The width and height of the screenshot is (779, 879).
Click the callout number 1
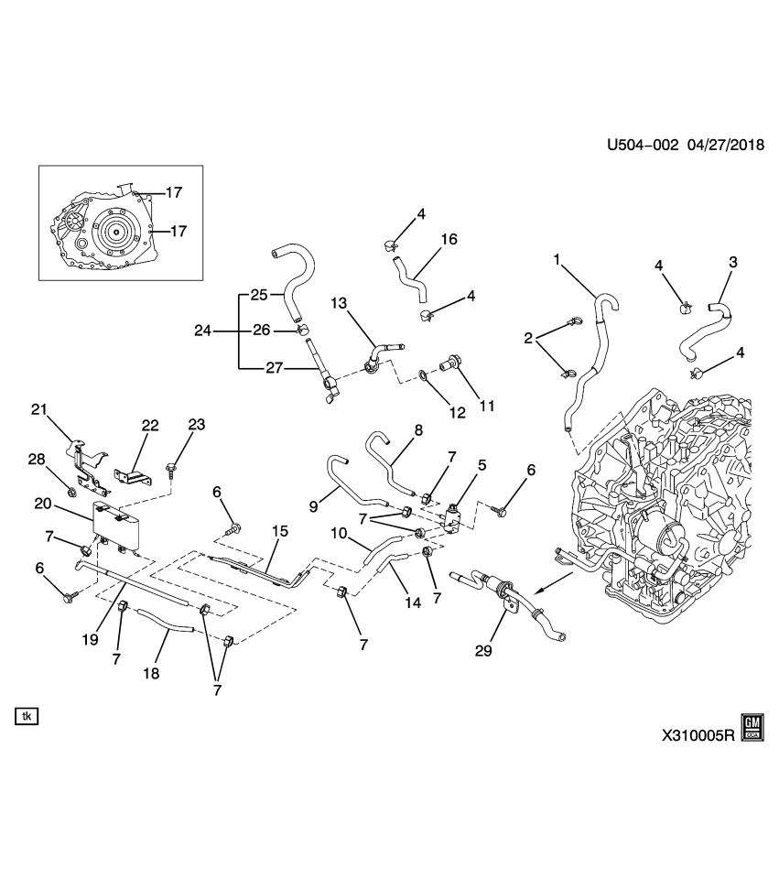[556, 261]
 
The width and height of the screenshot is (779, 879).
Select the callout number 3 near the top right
[732, 264]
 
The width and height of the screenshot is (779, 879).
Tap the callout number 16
[449, 239]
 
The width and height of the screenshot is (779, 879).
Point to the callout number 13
[340, 303]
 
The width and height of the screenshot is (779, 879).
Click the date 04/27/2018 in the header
[719, 146]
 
